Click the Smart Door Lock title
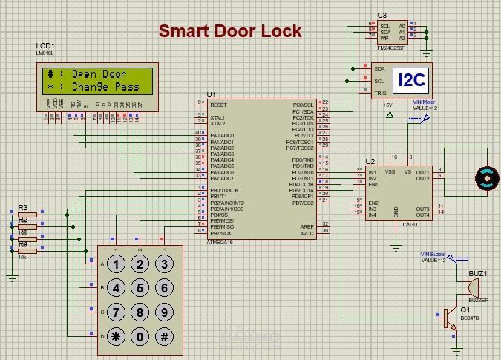click(230, 31)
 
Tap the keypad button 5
click(139, 288)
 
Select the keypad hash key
click(163, 336)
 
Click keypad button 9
click(163, 312)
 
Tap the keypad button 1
click(114, 264)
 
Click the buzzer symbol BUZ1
click(474, 289)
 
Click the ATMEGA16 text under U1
click(221, 242)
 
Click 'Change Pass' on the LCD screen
click(105, 87)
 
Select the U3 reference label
click(382, 15)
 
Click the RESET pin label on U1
click(219, 105)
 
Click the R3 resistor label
click(22, 207)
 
